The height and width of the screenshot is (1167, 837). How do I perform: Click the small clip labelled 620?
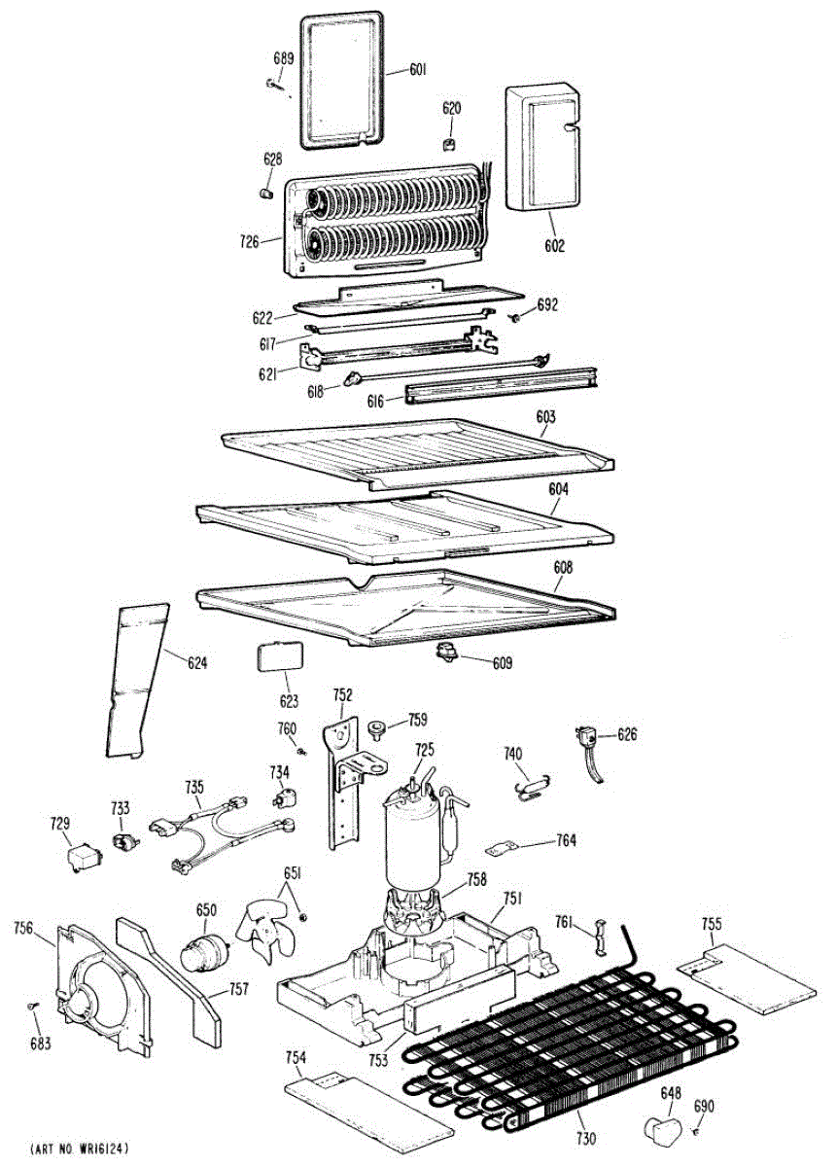[450, 144]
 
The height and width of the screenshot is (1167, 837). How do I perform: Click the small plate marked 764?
[503, 848]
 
